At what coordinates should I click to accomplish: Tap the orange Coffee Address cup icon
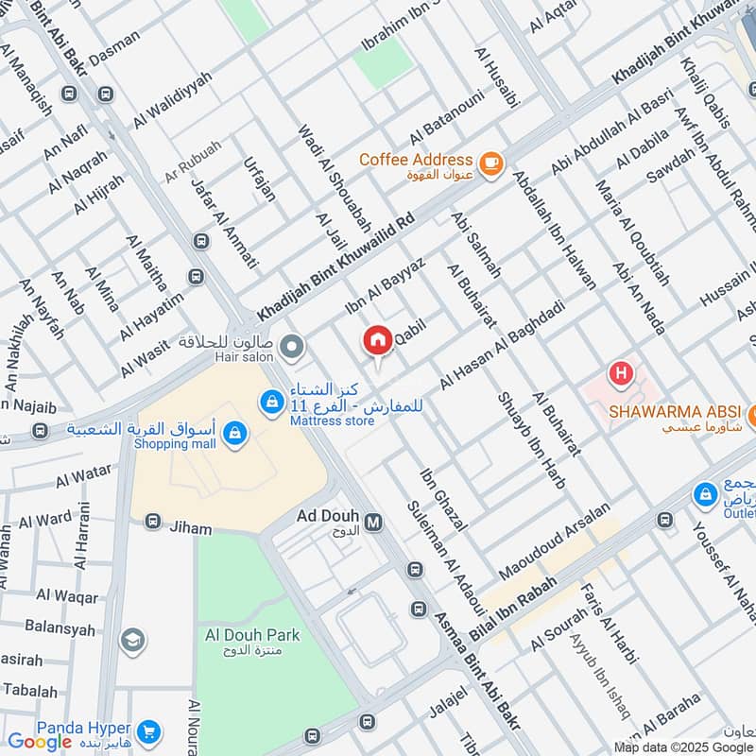point(490,163)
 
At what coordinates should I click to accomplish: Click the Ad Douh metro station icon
point(373,521)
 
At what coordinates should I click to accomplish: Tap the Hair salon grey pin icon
point(292,347)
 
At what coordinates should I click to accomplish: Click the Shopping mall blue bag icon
point(235,435)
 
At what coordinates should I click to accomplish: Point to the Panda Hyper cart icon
point(146,731)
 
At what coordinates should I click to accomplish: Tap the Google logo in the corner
point(40,742)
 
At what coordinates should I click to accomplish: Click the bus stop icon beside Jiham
point(153,522)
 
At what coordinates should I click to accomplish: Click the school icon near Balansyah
point(133,641)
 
